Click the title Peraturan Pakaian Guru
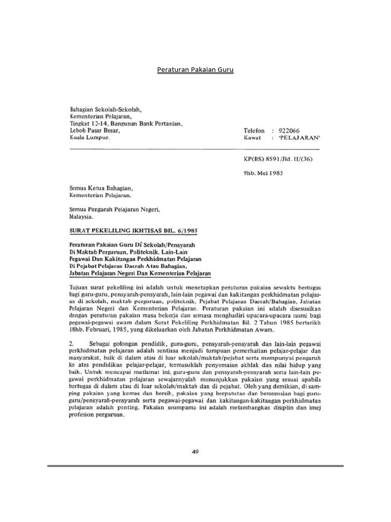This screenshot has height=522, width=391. pos(195,69)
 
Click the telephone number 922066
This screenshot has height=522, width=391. pos(287,130)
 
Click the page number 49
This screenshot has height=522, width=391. pos(195,450)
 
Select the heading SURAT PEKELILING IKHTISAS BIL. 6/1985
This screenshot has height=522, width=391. pos(133,230)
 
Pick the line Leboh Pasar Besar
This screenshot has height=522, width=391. pos(94,130)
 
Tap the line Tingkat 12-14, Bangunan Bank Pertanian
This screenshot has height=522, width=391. pos(126,123)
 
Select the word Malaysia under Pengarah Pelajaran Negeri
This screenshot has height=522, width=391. pos(82,216)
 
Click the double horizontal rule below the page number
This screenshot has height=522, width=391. pos(195,466)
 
